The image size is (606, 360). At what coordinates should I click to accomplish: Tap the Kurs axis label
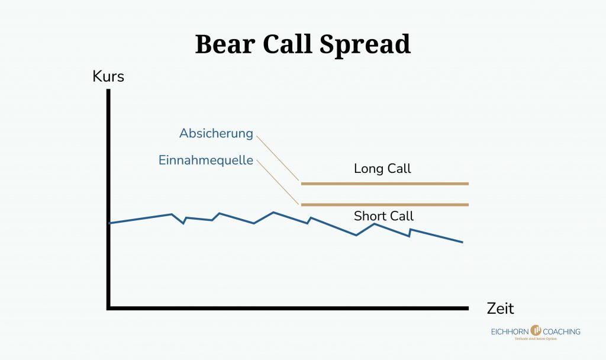(x=108, y=77)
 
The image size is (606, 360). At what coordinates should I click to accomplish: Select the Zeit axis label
(x=501, y=308)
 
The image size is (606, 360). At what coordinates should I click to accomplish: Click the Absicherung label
(x=216, y=134)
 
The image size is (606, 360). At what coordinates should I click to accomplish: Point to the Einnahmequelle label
(x=206, y=160)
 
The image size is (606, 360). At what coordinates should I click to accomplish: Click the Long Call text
(x=382, y=169)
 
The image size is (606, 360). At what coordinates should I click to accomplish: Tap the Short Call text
(x=383, y=216)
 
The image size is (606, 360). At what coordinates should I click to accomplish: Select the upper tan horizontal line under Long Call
(x=385, y=184)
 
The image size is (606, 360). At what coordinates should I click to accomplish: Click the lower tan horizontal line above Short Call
(x=385, y=205)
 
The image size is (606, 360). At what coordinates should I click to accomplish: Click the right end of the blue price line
(x=462, y=242)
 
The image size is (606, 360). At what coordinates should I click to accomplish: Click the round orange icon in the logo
(x=537, y=330)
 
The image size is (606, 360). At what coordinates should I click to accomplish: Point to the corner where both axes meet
(x=109, y=307)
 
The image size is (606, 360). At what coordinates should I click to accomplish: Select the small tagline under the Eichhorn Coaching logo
(x=534, y=339)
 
